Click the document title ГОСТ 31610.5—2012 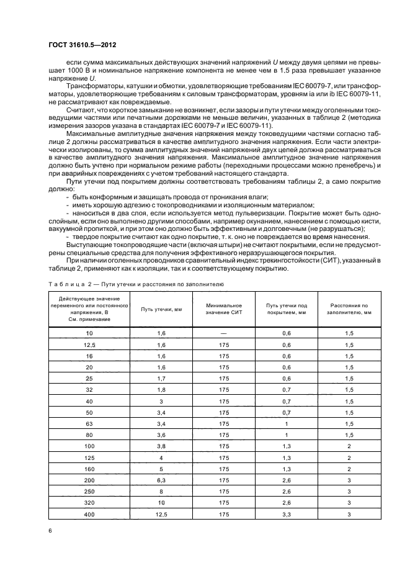tap(82, 45)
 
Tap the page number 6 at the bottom tap(50, 531)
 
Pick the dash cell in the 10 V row tap(223, 333)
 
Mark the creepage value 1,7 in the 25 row tap(161, 378)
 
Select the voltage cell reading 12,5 tap(89, 345)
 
